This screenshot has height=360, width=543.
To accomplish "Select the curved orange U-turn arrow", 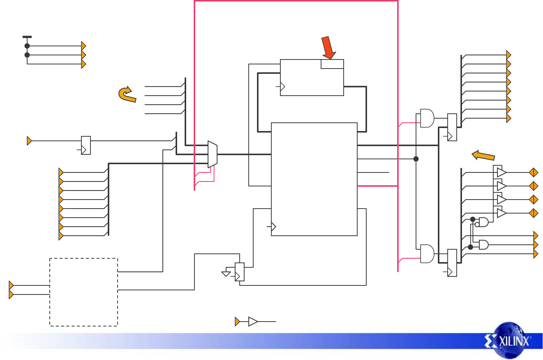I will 127,95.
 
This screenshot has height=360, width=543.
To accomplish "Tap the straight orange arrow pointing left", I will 483,156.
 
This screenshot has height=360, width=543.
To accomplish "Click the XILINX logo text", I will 514,342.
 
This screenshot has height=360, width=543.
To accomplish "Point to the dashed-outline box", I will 84,292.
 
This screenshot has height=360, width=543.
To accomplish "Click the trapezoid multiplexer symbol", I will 213,154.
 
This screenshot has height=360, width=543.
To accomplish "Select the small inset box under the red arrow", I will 332,64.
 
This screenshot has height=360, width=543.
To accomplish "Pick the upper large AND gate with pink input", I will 427,118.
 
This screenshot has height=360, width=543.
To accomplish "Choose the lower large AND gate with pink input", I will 427,254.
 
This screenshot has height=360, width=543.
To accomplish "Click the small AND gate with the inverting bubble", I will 483,222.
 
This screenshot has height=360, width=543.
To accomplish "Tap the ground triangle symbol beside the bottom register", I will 226,274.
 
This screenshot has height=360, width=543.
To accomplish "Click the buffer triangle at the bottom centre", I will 253,322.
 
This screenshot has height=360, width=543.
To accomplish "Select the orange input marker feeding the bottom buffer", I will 237,322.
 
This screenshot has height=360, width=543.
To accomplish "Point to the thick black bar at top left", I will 27,37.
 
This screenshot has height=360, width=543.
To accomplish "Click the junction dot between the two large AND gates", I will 416,159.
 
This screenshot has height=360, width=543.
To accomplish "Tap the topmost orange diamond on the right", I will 534,172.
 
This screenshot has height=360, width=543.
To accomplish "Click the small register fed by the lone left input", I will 86,145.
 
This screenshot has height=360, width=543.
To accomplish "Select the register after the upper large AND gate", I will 452,127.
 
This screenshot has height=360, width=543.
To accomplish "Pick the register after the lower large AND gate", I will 452,263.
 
